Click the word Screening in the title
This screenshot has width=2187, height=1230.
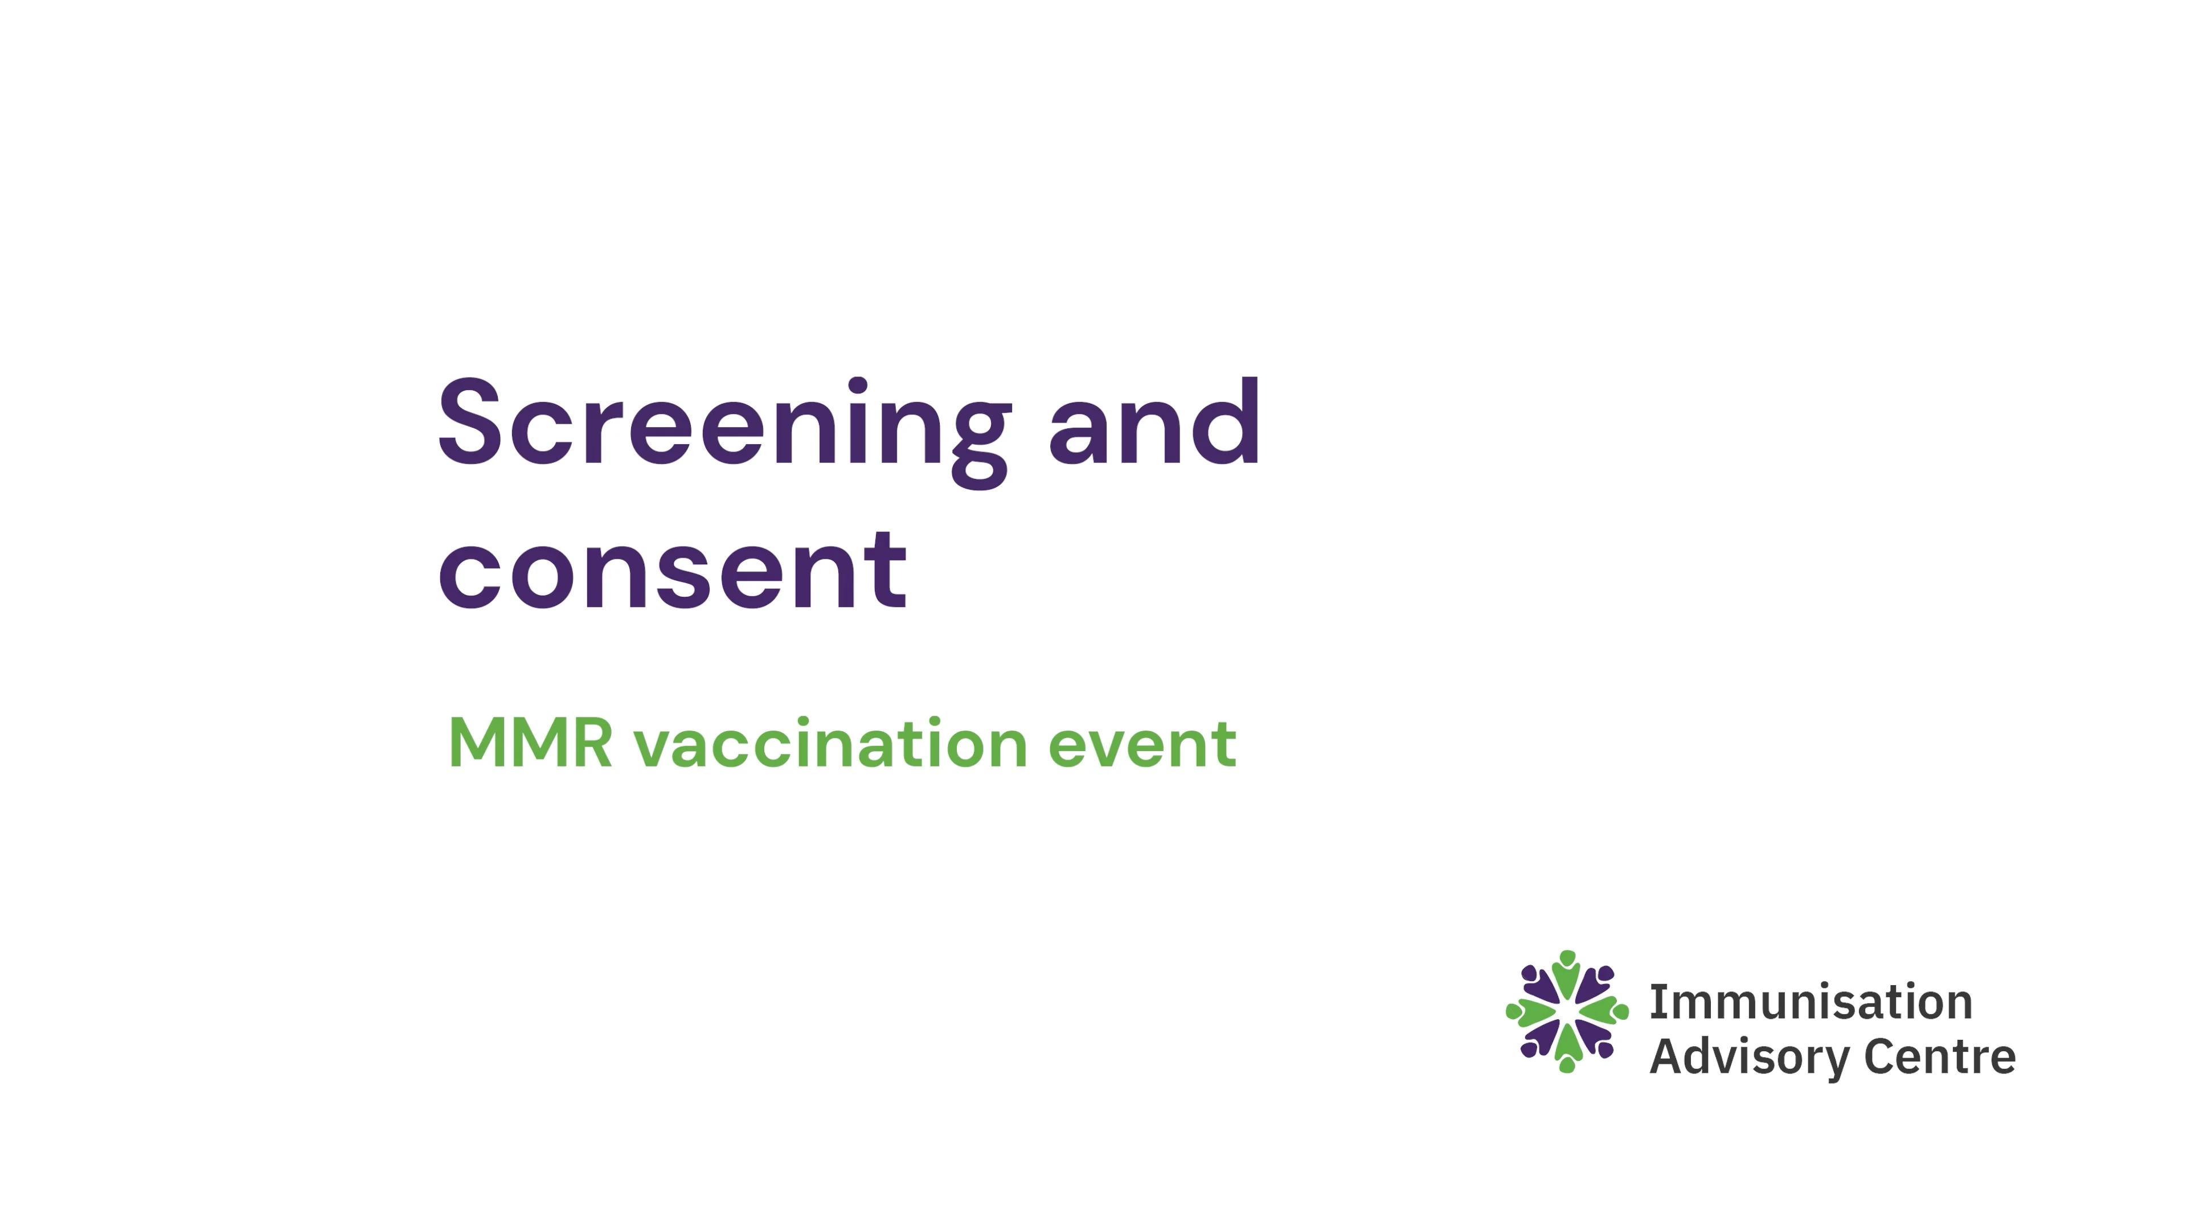click(x=723, y=424)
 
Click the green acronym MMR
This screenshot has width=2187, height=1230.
click(x=530, y=744)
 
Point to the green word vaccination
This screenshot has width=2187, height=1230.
click(x=830, y=744)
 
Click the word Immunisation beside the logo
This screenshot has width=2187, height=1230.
click(x=1810, y=1002)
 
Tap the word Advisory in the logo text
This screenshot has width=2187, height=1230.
click(x=1747, y=1057)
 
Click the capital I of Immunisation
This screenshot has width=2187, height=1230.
click(x=1656, y=1002)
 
